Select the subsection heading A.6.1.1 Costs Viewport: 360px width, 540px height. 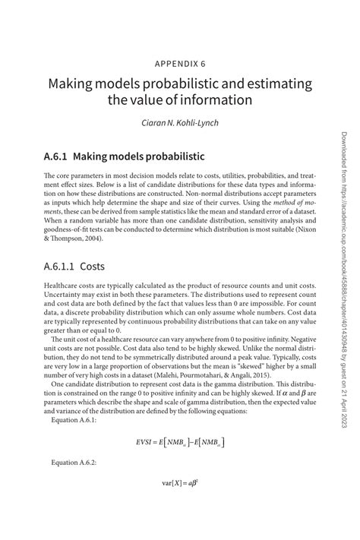click(x=68, y=247)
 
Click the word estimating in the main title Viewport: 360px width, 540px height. click(x=279, y=82)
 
